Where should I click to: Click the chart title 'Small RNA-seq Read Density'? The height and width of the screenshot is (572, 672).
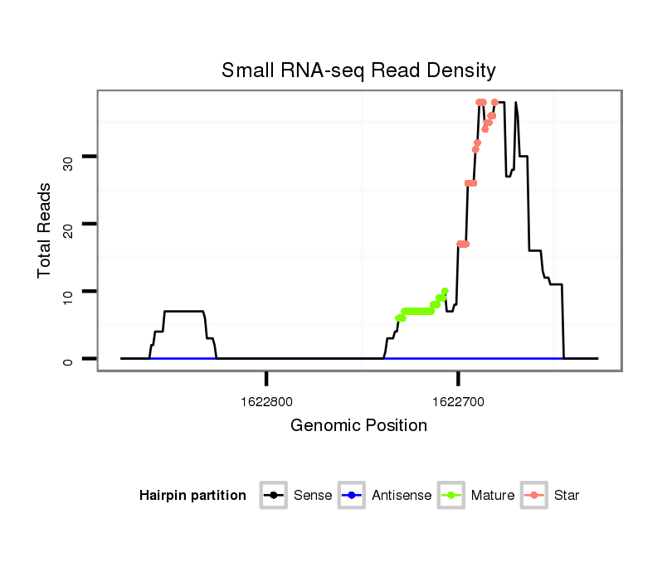[358, 70]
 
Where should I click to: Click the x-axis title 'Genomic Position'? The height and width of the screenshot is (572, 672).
[358, 426]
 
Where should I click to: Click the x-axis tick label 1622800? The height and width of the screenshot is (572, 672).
[266, 402]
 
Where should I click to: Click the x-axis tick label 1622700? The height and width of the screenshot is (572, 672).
[458, 402]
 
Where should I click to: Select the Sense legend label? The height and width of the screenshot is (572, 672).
[313, 496]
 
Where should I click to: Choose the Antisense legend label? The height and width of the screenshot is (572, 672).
[402, 496]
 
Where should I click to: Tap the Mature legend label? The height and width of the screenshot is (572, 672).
[493, 496]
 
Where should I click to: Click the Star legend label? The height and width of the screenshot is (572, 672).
[567, 496]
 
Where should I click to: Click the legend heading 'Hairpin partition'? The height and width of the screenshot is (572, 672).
[192, 496]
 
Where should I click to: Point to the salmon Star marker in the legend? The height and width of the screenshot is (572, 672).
[534, 496]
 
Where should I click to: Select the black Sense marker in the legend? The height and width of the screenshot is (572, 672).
[273, 496]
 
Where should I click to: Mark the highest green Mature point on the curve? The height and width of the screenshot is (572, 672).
[445, 292]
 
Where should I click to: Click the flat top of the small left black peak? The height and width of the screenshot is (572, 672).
[184, 311]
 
